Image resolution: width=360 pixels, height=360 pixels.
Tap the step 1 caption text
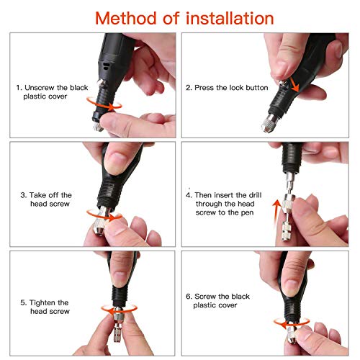(53, 92)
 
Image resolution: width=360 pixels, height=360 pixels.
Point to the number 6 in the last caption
(189, 295)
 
